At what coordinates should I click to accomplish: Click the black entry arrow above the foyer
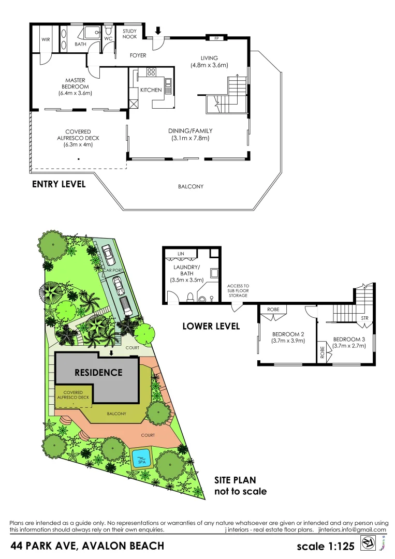coord(158,31)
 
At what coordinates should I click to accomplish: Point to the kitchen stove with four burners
coord(151,72)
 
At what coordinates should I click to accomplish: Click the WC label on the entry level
coord(108,39)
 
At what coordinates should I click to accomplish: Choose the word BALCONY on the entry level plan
coord(191,186)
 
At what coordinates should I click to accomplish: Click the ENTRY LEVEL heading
coord(58,184)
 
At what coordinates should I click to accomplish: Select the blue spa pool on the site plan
coord(140,458)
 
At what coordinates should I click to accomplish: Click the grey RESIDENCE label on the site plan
coord(98,372)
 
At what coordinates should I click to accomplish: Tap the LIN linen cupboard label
coord(181,254)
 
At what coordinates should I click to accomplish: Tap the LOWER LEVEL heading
coord(211,326)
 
